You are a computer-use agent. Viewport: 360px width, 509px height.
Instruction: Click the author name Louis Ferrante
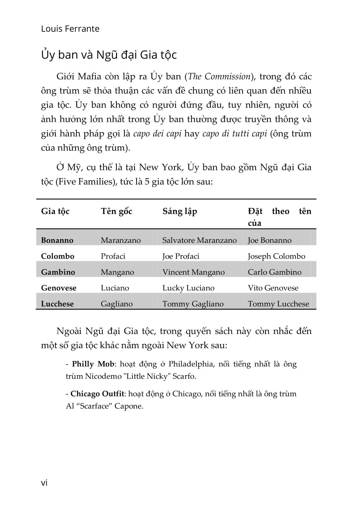70,29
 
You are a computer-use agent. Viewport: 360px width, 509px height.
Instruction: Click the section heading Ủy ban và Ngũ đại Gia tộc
109,55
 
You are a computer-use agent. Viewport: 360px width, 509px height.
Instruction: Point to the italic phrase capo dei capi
157,134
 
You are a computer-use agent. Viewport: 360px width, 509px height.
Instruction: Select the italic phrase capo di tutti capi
235,134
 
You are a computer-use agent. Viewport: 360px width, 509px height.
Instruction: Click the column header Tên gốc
116,211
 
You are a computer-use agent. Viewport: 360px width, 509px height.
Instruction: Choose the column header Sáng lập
180,211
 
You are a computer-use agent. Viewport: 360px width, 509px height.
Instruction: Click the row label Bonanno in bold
57,240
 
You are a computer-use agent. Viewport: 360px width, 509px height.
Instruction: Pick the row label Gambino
58,272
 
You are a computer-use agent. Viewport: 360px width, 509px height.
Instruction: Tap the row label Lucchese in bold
57,304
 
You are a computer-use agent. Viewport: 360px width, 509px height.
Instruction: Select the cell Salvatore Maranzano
199,240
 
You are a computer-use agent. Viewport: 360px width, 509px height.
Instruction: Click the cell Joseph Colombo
276,256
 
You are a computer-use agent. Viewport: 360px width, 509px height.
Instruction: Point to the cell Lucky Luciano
188,288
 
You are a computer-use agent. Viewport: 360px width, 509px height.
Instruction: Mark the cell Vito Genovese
273,288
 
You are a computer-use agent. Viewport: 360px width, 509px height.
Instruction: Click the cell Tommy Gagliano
193,304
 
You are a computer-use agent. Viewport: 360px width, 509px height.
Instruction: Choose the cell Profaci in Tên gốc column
113,256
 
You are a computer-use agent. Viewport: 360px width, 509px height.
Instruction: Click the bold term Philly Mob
93,364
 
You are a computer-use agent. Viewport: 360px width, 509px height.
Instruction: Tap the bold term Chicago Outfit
97,394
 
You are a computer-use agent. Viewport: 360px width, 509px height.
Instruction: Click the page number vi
44,483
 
